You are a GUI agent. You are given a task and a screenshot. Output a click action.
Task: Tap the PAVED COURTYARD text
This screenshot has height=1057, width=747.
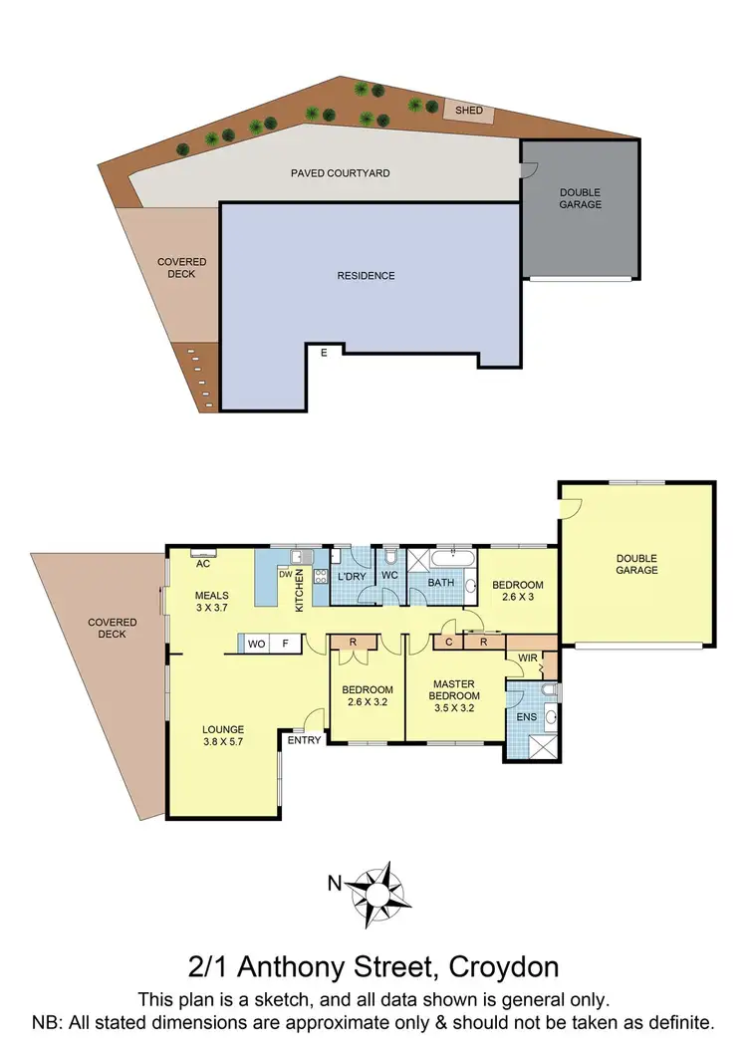coord(340,173)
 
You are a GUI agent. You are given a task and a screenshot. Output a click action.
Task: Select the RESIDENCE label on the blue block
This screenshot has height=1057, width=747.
coord(366,276)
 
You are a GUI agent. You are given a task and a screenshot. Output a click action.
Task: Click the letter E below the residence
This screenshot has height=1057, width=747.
coord(323,352)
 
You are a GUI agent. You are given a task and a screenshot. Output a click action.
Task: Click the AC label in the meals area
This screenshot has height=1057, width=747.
coord(203,563)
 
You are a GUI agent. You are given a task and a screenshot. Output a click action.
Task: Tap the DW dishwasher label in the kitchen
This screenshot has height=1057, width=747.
coord(286,575)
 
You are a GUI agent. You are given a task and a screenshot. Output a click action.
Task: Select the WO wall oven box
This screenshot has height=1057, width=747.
coord(256,645)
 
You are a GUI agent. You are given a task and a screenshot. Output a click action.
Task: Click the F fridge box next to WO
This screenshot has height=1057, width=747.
coord(286,645)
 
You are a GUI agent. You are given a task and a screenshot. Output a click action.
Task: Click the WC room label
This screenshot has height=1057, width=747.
coord(389,577)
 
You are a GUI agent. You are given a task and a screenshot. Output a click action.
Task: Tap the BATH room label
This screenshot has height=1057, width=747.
coord(441,582)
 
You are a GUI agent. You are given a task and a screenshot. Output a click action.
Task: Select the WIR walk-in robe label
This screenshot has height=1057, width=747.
coord(527,659)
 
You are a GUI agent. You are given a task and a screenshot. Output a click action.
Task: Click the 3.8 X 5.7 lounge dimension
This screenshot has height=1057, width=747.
coord(224,742)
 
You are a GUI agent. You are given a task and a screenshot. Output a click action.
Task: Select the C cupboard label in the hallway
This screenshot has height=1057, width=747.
coord(449,643)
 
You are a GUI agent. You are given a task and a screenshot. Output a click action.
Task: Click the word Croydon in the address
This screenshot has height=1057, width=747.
coord(504,966)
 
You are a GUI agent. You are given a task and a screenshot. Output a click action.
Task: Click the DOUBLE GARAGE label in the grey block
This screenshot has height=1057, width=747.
coord(580,198)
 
